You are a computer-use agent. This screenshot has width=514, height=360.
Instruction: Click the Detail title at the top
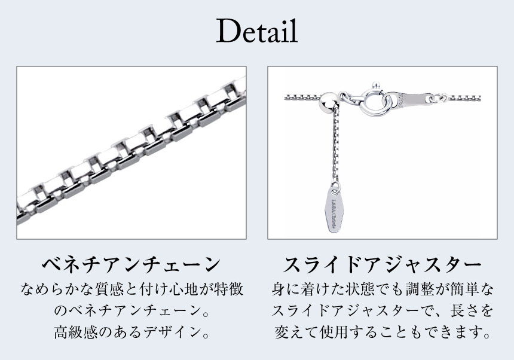coord(257,31)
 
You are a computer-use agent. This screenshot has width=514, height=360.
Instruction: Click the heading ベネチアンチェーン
coord(131,264)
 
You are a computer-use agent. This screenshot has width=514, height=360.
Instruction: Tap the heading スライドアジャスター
coord(383,264)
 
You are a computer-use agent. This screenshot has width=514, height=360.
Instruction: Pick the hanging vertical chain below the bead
coord(335,144)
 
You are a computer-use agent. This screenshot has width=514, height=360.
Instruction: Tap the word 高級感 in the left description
coord(71,332)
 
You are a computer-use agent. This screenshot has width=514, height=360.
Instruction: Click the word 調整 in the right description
coord(418,289)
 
